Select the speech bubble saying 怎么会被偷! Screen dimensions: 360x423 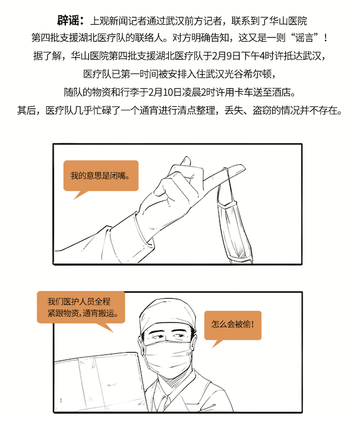(233, 326)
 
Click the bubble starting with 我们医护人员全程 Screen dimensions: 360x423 (81, 308)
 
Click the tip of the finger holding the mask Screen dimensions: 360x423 (244, 167)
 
